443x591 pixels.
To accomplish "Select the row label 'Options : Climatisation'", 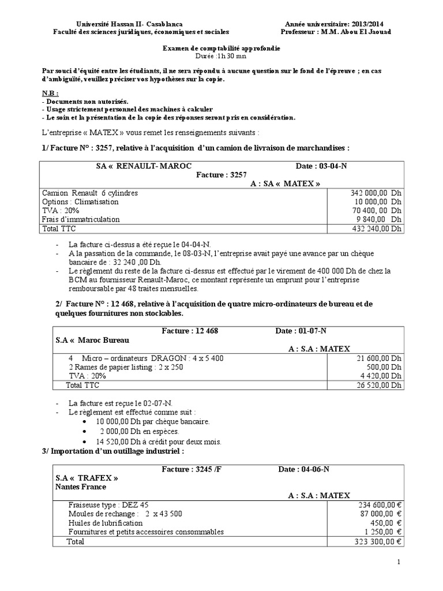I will tap(80, 201).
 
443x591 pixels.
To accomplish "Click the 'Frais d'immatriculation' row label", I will tap(81, 219).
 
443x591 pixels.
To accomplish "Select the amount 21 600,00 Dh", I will tap(379, 358).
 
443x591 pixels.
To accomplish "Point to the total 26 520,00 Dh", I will tap(379, 385).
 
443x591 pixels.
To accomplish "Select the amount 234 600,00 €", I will tap(378, 504).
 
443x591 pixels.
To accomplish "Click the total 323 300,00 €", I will tap(378, 541).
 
